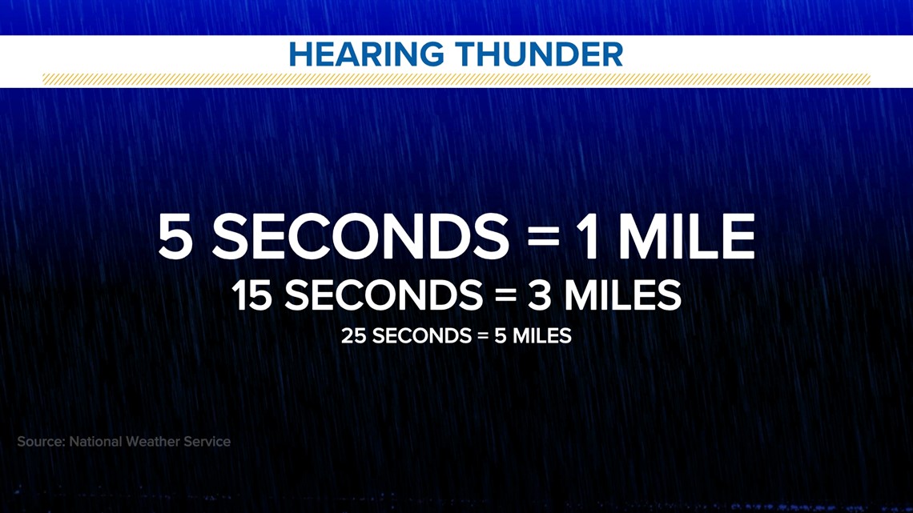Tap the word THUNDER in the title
point(540,54)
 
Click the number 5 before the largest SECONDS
point(175,237)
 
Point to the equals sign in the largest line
point(544,238)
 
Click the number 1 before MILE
point(589,237)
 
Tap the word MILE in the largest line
point(686,237)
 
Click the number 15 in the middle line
point(252,295)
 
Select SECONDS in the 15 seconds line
point(384,295)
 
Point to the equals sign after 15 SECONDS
point(506,295)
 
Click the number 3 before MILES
point(539,295)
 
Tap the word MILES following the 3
point(622,295)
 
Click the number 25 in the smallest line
point(353,336)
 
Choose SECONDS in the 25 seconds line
point(422,336)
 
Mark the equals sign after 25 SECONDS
point(483,336)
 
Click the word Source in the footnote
point(41,442)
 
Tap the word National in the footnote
point(95,442)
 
